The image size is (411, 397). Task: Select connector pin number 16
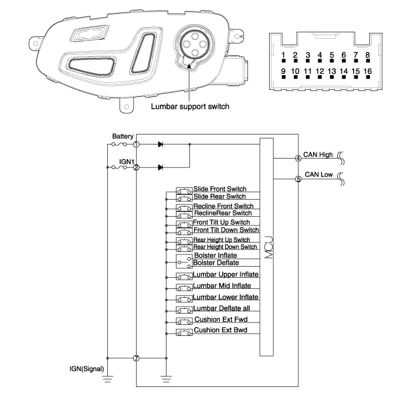(x=368, y=72)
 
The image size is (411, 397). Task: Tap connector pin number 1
(x=283, y=56)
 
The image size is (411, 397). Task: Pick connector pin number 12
(x=320, y=72)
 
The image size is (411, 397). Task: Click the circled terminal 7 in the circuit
(x=136, y=358)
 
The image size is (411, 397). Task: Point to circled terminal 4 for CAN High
(x=298, y=157)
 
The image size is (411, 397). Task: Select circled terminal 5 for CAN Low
(x=298, y=179)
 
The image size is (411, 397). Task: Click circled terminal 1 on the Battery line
(x=136, y=144)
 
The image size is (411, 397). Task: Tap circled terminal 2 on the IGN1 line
(x=136, y=167)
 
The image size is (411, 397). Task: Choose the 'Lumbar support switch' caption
(x=189, y=107)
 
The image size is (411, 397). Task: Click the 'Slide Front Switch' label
(x=220, y=189)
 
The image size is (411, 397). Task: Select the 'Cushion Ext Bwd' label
(x=220, y=330)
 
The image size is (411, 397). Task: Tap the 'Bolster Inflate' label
(x=215, y=255)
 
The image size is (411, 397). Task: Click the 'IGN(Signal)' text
(x=86, y=369)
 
